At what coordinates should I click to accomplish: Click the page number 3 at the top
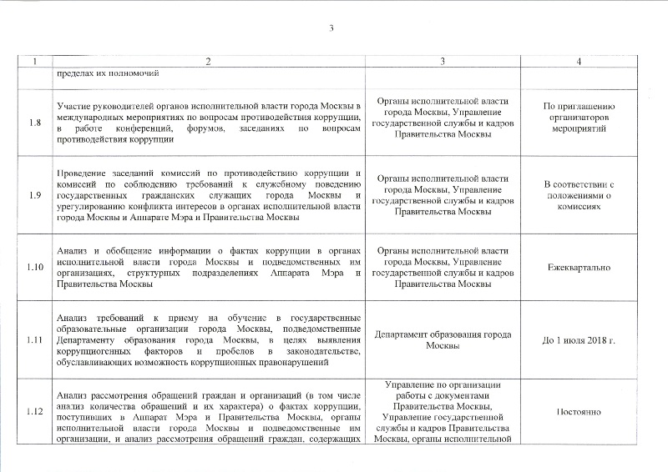331,30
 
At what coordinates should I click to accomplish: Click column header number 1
35,63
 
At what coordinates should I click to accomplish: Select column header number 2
208,63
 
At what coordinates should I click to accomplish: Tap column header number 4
579,63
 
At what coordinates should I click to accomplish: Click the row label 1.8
35,123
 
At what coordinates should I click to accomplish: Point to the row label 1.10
35,268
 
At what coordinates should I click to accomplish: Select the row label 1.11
35,340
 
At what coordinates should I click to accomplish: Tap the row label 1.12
35,412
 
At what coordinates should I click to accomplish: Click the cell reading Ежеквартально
579,268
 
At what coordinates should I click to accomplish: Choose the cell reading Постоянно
579,412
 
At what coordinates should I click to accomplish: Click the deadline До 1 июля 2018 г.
579,340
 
